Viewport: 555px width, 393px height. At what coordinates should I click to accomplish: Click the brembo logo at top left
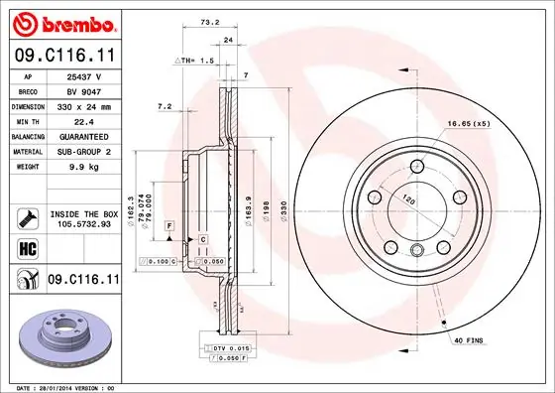tap(61, 22)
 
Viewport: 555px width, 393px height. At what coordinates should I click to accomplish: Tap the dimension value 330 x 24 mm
tap(83, 106)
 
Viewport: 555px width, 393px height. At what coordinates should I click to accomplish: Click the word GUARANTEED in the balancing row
tap(83, 135)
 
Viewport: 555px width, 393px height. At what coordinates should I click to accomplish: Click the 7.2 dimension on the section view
tap(166, 106)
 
